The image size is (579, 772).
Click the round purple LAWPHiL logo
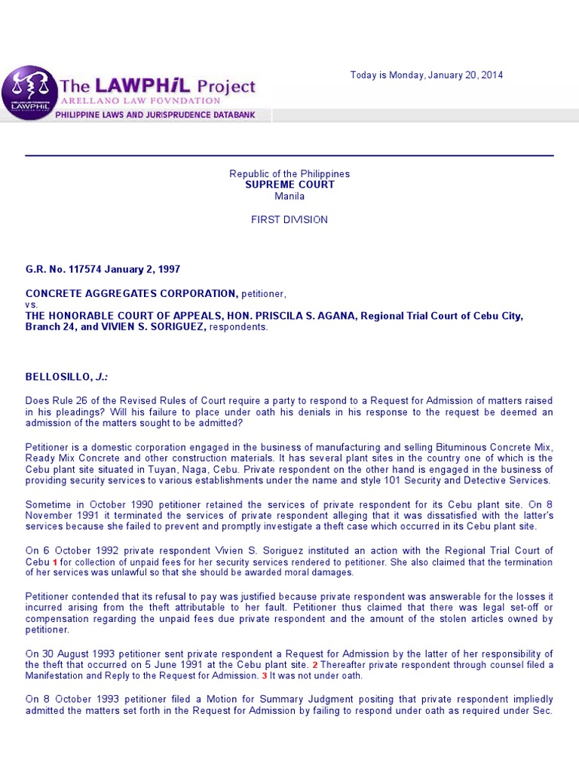[x=30, y=93]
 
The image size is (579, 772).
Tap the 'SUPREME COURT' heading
[x=289, y=185]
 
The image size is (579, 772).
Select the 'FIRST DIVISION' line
[x=289, y=219]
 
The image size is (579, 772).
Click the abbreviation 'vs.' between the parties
[x=31, y=305]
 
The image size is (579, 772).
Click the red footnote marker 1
[x=54, y=563]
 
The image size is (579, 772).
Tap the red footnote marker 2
[x=316, y=665]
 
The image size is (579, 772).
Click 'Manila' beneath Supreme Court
[x=289, y=196]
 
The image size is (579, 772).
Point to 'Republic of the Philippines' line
[x=289, y=174]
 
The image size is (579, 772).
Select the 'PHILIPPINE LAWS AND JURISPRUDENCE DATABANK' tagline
[x=155, y=115]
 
